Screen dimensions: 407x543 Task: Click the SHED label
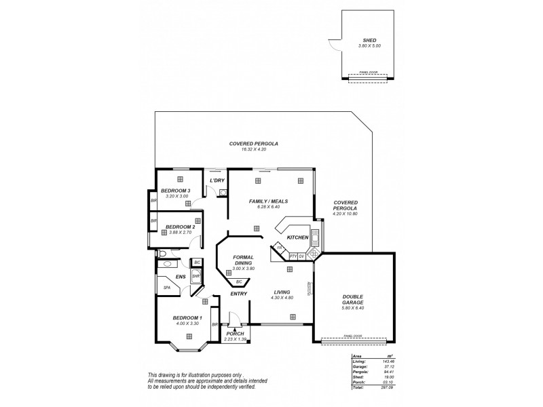[367, 40]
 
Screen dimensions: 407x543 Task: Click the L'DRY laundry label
[217, 180]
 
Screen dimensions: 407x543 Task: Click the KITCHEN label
[297, 238]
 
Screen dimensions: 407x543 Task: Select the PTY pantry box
[293, 256]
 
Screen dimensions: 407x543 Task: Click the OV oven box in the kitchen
[302, 256]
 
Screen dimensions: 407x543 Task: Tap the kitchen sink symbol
[315, 237]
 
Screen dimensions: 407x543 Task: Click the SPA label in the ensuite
[166, 288]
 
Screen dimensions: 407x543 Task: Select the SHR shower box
[195, 276]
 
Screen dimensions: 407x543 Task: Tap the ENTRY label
[238, 294]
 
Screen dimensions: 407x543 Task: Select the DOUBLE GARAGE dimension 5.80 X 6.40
[354, 309]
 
